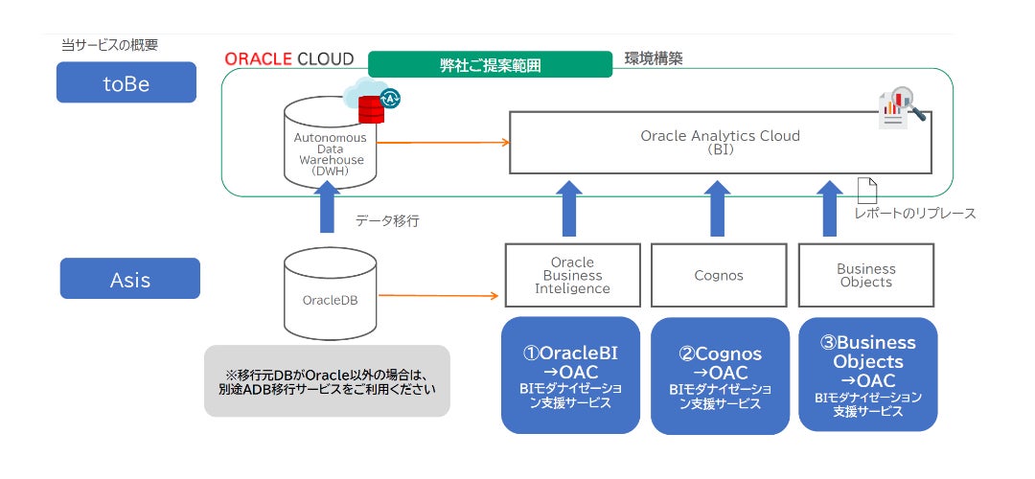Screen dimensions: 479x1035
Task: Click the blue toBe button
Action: pyautogui.click(x=126, y=82)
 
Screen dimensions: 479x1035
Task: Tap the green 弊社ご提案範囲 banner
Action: pyautogui.click(x=490, y=65)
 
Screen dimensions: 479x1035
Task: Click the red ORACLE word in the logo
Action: pyautogui.click(x=259, y=58)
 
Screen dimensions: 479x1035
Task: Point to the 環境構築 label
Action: pyautogui.click(x=654, y=59)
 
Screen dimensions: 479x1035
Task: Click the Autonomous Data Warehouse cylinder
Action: pyautogui.click(x=329, y=147)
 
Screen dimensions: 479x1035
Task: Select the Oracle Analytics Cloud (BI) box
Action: pyautogui.click(x=720, y=143)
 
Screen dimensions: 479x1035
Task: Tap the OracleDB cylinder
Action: pyautogui.click(x=329, y=296)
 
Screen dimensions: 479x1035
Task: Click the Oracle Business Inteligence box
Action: pyautogui.click(x=572, y=275)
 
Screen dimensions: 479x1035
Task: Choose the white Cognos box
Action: pyautogui.click(x=720, y=275)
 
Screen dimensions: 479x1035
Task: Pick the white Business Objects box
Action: pyautogui.click(x=866, y=275)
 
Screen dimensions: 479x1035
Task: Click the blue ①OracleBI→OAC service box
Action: pyautogui.click(x=570, y=375)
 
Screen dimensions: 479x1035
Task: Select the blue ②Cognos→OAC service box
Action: pyautogui.click(x=720, y=375)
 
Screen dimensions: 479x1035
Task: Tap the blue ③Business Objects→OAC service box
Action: pyautogui.click(x=867, y=375)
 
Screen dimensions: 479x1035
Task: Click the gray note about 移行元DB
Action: pyautogui.click(x=327, y=380)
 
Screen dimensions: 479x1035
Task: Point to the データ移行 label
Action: pyautogui.click(x=387, y=220)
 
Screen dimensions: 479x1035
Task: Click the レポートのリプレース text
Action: pyautogui.click(x=915, y=214)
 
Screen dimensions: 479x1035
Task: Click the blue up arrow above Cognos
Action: pyautogui.click(x=718, y=208)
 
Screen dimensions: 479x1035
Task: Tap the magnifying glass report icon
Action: pyautogui.click(x=901, y=108)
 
